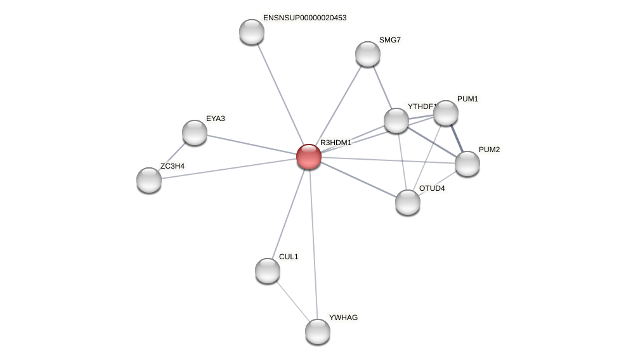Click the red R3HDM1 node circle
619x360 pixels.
(309, 157)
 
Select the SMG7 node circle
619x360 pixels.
(368, 54)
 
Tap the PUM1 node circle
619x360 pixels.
(446, 113)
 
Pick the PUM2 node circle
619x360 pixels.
(467, 164)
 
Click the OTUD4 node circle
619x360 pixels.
(408, 202)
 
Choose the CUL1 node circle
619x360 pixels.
(268, 271)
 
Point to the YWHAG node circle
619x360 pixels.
(318, 331)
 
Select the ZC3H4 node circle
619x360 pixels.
(149, 180)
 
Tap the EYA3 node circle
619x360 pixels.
(195, 132)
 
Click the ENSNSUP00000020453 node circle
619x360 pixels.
(252, 32)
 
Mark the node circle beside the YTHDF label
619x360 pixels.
(396, 120)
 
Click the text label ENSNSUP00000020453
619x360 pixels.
(304, 18)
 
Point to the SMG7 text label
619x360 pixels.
(389, 40)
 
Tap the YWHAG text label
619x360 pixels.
(343, 318)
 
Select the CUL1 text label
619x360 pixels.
(289, 257)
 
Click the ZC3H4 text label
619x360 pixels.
(172, 166)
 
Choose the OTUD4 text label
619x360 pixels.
(432, 188)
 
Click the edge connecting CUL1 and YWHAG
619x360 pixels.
(292, 300)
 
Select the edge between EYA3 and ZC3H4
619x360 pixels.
(173, 155)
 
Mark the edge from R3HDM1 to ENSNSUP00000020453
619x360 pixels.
(280, 94)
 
